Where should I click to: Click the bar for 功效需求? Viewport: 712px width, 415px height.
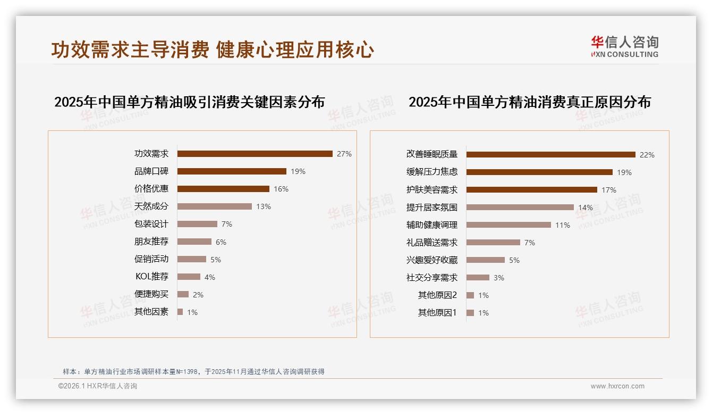255,154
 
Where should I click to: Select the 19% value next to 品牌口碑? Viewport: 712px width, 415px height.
298,171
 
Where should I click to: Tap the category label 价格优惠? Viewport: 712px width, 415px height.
151,189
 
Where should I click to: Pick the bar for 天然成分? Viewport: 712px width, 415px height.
214,206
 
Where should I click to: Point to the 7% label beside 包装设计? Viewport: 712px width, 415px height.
227,224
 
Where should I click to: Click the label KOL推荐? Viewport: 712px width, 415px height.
152,277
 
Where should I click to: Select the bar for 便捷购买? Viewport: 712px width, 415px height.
183,294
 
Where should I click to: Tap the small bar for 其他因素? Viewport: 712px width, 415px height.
180,312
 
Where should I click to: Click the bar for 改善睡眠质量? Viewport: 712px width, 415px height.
550,155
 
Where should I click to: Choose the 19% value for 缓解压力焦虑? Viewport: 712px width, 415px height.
624,172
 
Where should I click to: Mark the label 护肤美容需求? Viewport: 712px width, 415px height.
432,190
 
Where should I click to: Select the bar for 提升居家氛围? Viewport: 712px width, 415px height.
520,207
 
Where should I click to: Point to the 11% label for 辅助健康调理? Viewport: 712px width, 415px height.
563,225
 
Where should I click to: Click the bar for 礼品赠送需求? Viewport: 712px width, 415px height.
493,243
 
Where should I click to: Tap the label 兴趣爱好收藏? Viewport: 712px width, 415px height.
432,260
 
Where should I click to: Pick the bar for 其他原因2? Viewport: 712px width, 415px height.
470,295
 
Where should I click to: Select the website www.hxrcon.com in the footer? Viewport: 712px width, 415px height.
617,386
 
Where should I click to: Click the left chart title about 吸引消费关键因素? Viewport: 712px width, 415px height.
189,102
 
